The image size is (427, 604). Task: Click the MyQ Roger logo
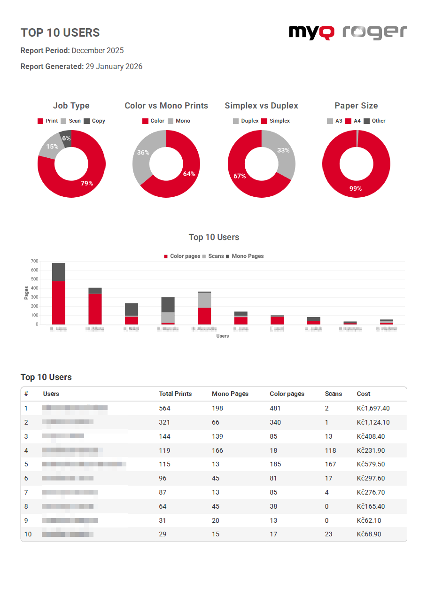(x=348, y=32)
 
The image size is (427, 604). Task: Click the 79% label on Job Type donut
(x=86, y=183)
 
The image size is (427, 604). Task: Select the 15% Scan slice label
(x=52, y=147)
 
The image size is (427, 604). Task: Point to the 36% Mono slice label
(x=143, y=153)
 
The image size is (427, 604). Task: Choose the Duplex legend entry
(x=246, y=121)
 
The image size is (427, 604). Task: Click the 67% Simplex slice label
(x=240, y=176)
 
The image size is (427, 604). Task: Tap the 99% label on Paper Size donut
(x=356, y=188)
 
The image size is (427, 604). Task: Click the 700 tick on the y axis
(x=34, y=261)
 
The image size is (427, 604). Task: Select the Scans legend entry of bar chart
(x=213, y=256)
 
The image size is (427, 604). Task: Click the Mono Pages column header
(x=230, y=394)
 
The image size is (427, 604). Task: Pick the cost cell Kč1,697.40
(x=373, y=408)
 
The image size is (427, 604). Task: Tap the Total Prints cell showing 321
(x=164, y=422)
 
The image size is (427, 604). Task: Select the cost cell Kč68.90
(x=369, y=534)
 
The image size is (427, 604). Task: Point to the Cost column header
(x=364, y=394)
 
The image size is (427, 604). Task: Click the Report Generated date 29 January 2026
(x=114, y=67)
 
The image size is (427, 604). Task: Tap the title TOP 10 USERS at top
(x=60, y=32)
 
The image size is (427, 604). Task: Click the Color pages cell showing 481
(x=275, y=408)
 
